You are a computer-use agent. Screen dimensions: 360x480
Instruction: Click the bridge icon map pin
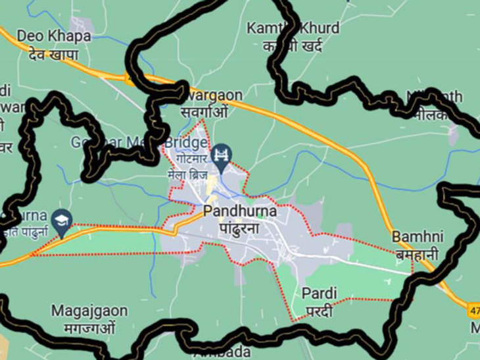tap(223, 156)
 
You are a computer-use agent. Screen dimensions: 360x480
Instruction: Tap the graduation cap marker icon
tap(62, 221)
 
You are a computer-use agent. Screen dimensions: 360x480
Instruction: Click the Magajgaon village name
tap(89, 310)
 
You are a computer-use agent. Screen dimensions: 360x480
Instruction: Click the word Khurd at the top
tap(318, 28)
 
